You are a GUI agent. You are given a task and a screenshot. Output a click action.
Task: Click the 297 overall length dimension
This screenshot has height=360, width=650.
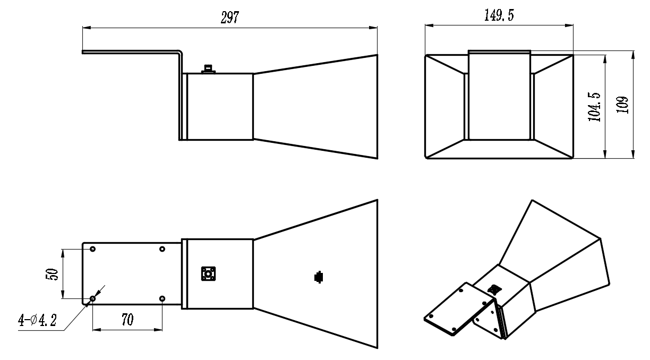230,18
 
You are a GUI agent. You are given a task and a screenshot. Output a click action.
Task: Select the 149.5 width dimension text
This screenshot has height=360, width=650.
499,15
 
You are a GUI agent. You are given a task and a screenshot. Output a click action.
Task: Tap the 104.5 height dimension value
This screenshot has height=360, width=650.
594,107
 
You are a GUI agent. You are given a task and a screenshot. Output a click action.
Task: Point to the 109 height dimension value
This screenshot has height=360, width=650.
622,105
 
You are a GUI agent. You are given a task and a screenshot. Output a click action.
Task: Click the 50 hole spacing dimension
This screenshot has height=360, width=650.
52,274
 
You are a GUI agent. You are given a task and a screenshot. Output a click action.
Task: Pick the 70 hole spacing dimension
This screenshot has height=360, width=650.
127,320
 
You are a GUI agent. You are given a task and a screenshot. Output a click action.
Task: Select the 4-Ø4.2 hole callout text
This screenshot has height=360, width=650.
37,320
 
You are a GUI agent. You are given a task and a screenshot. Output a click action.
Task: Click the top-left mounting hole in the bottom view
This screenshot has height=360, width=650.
92,249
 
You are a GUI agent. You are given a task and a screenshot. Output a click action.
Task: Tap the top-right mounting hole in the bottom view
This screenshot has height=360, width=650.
162,249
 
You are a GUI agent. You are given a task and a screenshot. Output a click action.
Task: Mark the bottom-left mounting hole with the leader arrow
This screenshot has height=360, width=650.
92,298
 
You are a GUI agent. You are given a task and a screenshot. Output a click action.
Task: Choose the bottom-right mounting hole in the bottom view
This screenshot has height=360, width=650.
162,298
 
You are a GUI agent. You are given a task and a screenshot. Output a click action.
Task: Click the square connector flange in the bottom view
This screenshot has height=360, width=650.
208,274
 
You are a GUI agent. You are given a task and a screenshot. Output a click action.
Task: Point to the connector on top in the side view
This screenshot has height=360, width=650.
208,69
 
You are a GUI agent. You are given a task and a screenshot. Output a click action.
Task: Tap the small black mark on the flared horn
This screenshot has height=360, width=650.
319,277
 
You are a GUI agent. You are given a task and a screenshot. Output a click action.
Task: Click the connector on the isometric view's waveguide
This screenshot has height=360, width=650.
494,289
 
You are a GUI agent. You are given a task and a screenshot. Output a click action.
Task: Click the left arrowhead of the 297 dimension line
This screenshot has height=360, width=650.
87,28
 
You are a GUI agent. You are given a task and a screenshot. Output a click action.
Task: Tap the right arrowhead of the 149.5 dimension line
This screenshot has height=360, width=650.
569,25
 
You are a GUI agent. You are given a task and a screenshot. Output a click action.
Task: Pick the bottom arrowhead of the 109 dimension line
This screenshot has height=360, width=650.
633,154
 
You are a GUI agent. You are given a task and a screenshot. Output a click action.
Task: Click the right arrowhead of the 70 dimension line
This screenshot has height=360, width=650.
158,330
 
